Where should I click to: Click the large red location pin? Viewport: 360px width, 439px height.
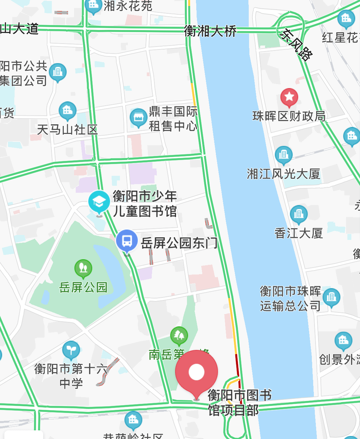[x=197, y=372]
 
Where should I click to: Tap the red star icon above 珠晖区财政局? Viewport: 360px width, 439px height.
[x=289, y=97]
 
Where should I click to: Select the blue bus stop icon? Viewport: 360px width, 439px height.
[x=127, y=241]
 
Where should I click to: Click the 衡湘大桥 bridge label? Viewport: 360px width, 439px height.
[x=210, y=31]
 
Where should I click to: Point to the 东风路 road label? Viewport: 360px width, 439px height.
[x=296, y=45]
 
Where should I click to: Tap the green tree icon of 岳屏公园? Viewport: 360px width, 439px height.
[x=83, y=268]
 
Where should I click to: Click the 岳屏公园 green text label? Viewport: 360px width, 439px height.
[x=83, y=287]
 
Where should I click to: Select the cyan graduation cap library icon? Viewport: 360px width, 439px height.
[x=99, y=201]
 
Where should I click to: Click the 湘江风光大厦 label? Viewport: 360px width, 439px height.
[x=283, y=174]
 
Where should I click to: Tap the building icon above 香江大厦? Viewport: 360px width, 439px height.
[x=299, y=214]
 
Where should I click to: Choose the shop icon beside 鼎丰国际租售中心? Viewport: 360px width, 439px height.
[x=138, y=117]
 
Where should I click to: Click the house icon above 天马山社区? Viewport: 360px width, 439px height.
[x=68, y=110]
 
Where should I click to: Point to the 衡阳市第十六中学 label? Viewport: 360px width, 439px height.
[x=71, y=376]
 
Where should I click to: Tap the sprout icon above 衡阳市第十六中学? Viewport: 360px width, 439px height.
[x=71, y=350]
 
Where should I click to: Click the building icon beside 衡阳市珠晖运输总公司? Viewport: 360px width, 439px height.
[x=331, y=296]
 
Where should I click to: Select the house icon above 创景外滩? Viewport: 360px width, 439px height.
[x=343, y=341]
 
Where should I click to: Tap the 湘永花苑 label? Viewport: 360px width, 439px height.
[x=128, y=6]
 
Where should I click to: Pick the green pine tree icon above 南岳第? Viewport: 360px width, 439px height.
[x=179, y=336]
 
